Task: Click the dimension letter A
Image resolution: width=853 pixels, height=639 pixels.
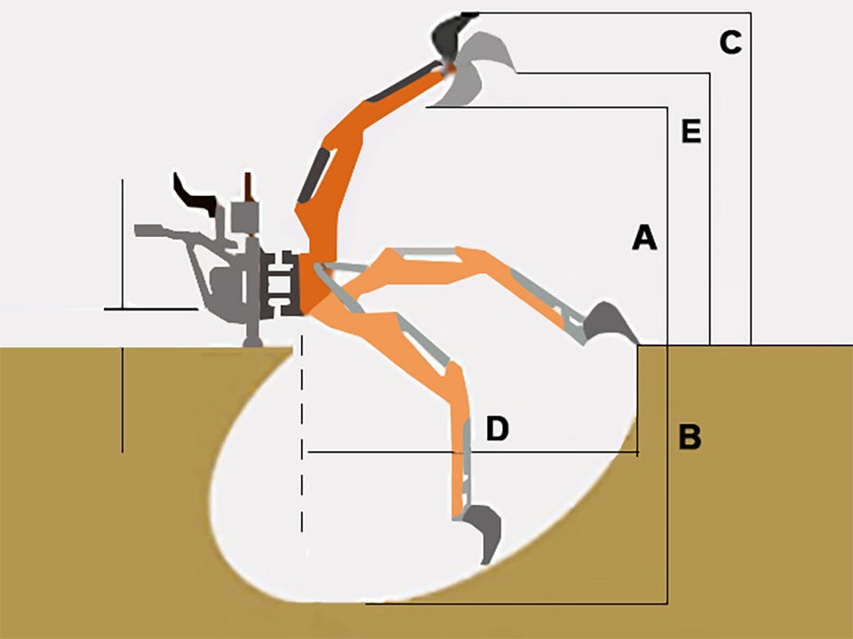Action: coord(645,238)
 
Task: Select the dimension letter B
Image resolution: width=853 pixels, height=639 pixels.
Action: coord(690,437)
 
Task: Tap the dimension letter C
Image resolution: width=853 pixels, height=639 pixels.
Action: coord(730,43)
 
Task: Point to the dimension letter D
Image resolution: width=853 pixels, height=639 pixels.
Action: coord(498,428)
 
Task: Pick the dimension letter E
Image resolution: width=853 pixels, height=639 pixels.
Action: coord(691,131)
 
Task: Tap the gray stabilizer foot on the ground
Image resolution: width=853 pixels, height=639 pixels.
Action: coord(252,341)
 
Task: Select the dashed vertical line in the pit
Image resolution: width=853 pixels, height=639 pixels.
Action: coord(302,435)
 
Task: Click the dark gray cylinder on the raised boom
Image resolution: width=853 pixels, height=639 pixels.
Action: coord(314,176)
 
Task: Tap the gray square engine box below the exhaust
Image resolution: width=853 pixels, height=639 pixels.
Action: coord(245,217)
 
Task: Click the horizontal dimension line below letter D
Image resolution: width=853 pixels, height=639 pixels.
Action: coord(473,452)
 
